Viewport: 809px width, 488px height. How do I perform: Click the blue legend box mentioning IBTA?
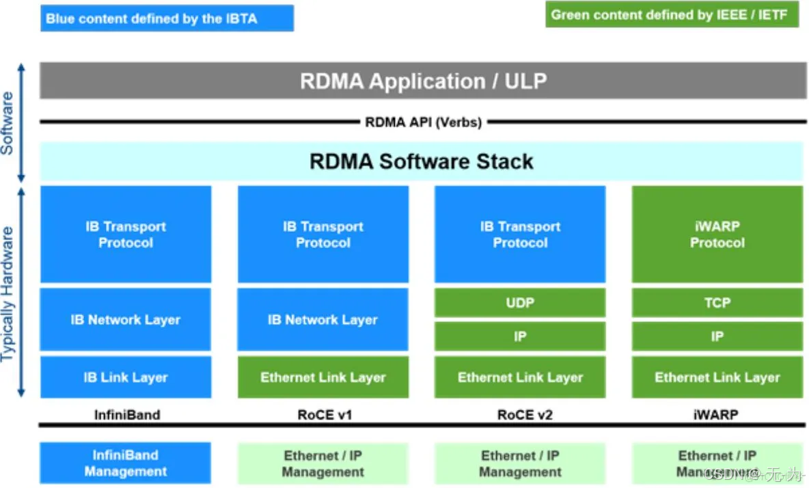pyautogui.click(x=167, y=18)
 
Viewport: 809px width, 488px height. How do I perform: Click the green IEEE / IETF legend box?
pyautogui.click(x=672, y=15)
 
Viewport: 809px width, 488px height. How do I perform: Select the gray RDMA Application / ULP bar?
pyautogui.click(x=422, y=81)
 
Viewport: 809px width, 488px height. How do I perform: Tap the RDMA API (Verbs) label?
pyautogui.click(x=423, y=122)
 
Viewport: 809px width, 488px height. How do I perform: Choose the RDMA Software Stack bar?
pyautogui.click(x=422, y=162)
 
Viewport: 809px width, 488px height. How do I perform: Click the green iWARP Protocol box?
pyautogui.click(x=717, y=234)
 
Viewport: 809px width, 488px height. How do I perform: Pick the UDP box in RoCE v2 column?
pyautogui.click(x=520, y=302)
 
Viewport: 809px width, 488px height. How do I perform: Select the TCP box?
pyautogui.click(x=717, y=302)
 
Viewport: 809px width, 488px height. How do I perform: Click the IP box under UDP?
pyautogui.click(x=520, y=336)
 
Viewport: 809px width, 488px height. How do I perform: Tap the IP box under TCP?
pyautogui.click(x=717, y=336)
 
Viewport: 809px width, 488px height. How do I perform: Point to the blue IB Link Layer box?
pyautogui.click(x=126, y=377)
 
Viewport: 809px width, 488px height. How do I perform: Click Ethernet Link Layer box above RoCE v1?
pyautogui.click(x=323, y=377)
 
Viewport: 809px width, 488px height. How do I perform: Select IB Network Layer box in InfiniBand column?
pyautogui.click(x=126, y=319)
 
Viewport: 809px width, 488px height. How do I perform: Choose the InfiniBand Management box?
pyautogui.click(x=126, y=463)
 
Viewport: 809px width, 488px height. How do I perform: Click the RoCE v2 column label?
pyautogui.click(x=520, y=414)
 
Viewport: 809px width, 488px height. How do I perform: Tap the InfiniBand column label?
pyautogui.click(x=126, y=414)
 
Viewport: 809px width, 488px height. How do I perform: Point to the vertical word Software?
pyautogui.click(x=8, y=123)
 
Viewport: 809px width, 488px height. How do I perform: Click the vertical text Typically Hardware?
pyautogui.click(x=8, y=294)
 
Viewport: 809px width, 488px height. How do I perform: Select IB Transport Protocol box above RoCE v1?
pyautogui.click(x=323, y=234)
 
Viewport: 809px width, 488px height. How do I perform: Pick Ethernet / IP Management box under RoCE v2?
pyautogui.click(x=520, y=463)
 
